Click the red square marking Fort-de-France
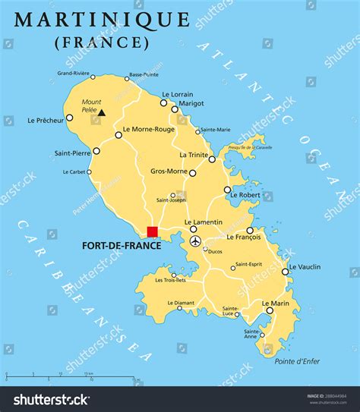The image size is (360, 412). pos(152,231)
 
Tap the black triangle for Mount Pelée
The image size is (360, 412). pos(101,112)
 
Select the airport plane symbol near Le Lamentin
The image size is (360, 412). pos(195,241)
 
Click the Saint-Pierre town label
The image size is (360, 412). pos(72,153)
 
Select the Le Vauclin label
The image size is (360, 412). pos(305,266)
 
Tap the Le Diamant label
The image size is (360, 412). pos(180,303)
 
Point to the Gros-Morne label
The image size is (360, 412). pos(168,172)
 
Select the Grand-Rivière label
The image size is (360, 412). pos(73,74)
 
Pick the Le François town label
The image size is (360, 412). pos(243,237)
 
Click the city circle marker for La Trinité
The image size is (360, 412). pos(212,159)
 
